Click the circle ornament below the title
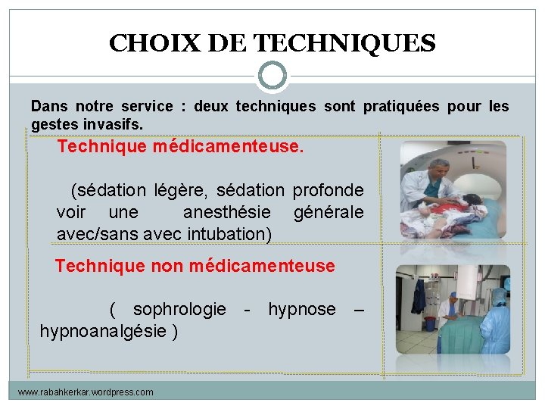coord(272,76)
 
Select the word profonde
coord(328,191)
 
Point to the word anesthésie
coord(226,212)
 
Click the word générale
coord(328,212)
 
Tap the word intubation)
coord(227,233)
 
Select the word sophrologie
coord(179,309)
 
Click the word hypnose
coord(301,309)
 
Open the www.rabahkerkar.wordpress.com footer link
coord(86,392)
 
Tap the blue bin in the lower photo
coord(430,323)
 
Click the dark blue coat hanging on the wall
coord(419,300)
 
